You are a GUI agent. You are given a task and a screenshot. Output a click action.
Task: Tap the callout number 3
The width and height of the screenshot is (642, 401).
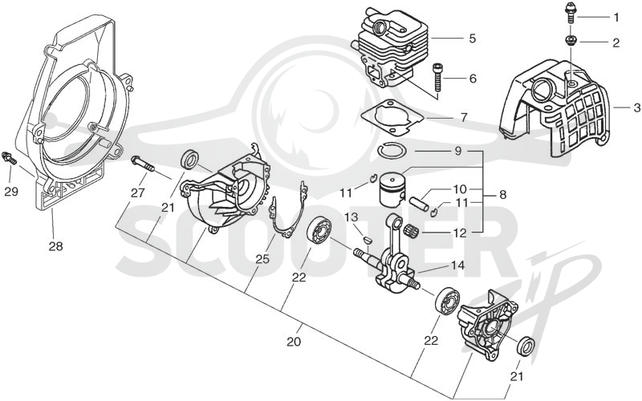[636, 108]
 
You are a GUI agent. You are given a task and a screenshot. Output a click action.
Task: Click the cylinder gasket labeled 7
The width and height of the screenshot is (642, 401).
[392, 116]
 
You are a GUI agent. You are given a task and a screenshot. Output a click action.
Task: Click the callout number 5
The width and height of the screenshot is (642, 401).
[473, 38]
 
